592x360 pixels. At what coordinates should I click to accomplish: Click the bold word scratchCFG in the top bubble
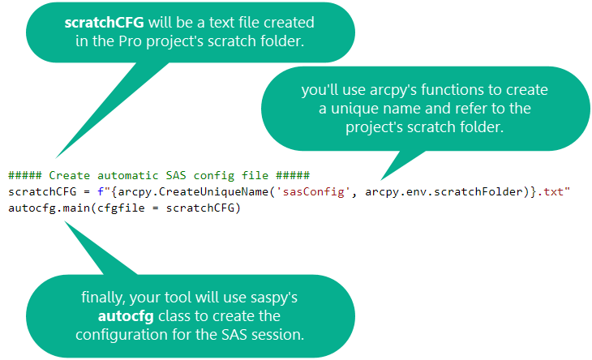click(99, 22)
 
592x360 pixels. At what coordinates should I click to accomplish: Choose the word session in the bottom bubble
click(281, 332)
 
